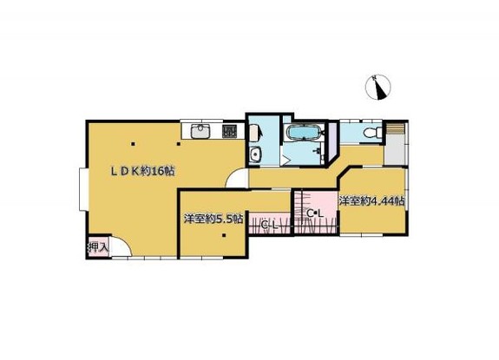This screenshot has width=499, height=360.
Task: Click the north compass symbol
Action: (378, 87)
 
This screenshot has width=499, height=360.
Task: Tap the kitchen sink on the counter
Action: (200, 131)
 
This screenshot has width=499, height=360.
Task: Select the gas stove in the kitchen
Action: (229, 131)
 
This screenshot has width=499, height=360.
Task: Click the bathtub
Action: (302, 133)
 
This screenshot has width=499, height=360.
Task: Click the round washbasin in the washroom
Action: (255, 155)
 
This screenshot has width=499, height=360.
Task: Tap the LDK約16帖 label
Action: (142, 172)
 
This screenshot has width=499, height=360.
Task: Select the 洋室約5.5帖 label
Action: (213, 219)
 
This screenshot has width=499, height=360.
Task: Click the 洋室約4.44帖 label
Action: (371, 201)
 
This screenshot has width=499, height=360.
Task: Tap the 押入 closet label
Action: (99, 246)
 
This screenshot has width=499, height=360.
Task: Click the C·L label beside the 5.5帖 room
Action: (269, 226)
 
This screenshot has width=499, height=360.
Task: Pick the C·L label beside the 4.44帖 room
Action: (315, 213)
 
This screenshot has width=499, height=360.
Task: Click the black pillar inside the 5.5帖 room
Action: (224, 236)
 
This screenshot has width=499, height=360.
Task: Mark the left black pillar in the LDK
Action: (133, 144)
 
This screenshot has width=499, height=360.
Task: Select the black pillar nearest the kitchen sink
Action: (179, 144)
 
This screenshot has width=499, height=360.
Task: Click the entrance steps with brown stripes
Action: (395, 128)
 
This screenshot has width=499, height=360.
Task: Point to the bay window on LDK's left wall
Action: (83, 189)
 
